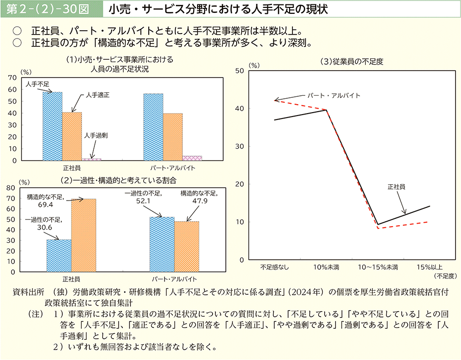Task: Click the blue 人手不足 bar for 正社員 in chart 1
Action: tap(52, 126)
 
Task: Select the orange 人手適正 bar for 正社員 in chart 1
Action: tap(72, 136)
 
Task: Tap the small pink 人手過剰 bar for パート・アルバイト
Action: tap(192, 158)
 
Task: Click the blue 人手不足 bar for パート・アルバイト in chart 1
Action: tap(153, 127)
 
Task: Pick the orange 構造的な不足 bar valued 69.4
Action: tap(84, 235)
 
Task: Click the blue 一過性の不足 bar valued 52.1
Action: tap(162, 244)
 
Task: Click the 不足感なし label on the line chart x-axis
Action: tap(275, 267)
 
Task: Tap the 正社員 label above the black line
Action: tap(396, 187)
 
